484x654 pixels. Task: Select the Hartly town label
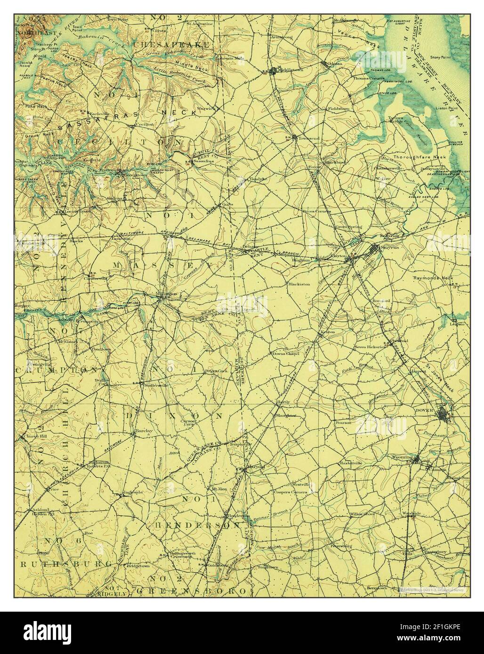(x=283, y=402)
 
